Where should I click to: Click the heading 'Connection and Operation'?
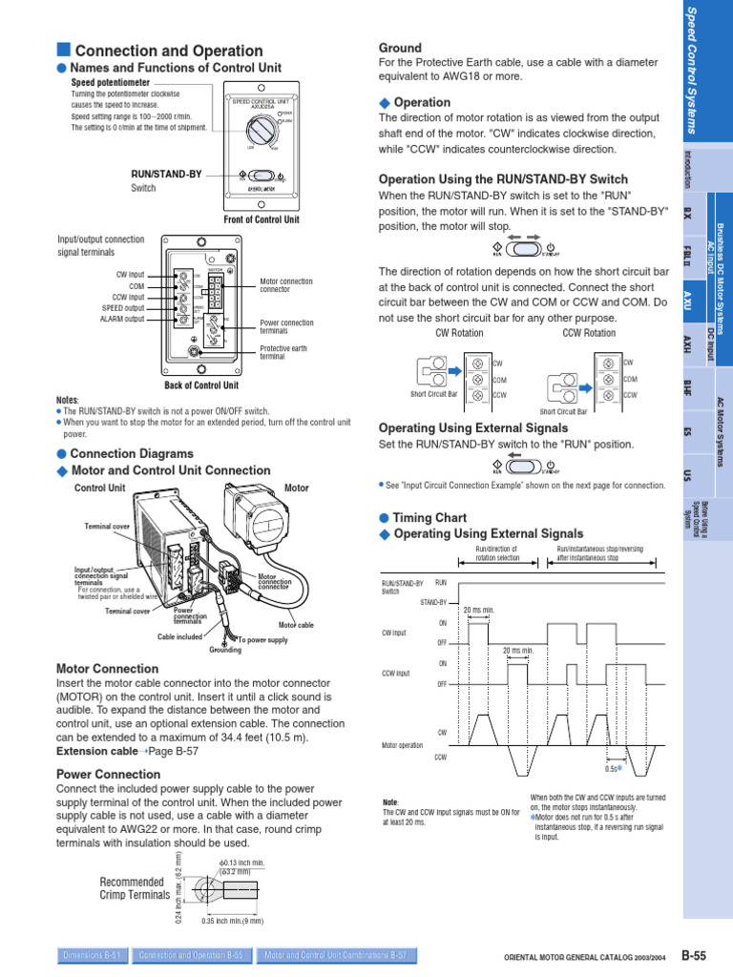pyautogui.click(x=168, y=51)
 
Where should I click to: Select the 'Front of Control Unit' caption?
pyautogui.click(x=262, y=219)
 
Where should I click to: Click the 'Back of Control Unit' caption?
pyautogui.click(x=201, y=385)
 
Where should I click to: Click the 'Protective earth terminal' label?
pyautogui.click(x=285, y=352)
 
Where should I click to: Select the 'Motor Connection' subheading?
pyautogui.click(x=107, y=669)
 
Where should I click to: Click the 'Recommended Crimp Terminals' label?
pyautogui.click(x=135, y=889)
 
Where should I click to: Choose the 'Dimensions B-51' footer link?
pyautogui.click(x=91, y=954)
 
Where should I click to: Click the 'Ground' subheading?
pyautogui.click(x=400, y=48)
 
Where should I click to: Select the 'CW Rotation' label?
pyautogui.click(x=459, y=333)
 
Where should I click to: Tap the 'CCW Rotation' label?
pyautogui.click(x=589, y=333)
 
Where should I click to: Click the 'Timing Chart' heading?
pyautogui.click(x=429, y=518)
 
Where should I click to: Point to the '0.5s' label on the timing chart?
pyautogui.click(x=613, y=768)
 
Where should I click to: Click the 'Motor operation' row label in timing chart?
pyautogui.click(x=402, y=746)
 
